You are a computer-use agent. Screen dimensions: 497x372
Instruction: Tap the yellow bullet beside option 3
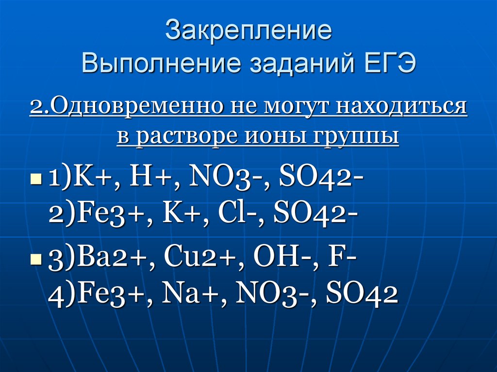36,259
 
